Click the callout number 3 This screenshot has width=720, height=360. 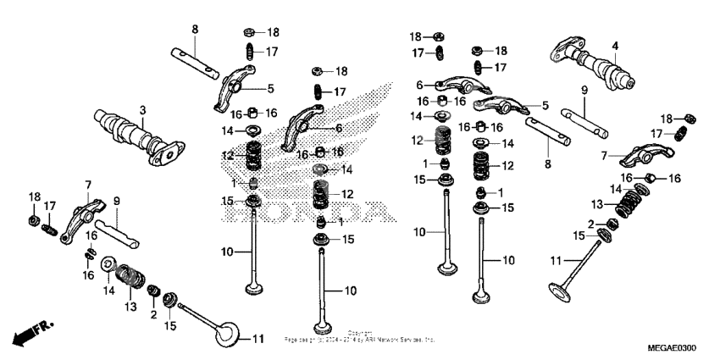(142, 110)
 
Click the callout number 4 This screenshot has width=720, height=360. (616, 46)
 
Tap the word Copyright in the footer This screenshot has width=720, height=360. (360, 332)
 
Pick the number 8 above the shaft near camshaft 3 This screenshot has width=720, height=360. (194, 30)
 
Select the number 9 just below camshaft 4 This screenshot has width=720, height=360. (584, 90)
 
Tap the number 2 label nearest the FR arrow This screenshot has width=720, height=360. (153, 314)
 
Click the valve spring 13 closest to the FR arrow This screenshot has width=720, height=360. (130, 276)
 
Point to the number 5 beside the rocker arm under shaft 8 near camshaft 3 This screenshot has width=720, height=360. (270, 88)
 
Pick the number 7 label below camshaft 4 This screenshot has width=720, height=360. (604, 156)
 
